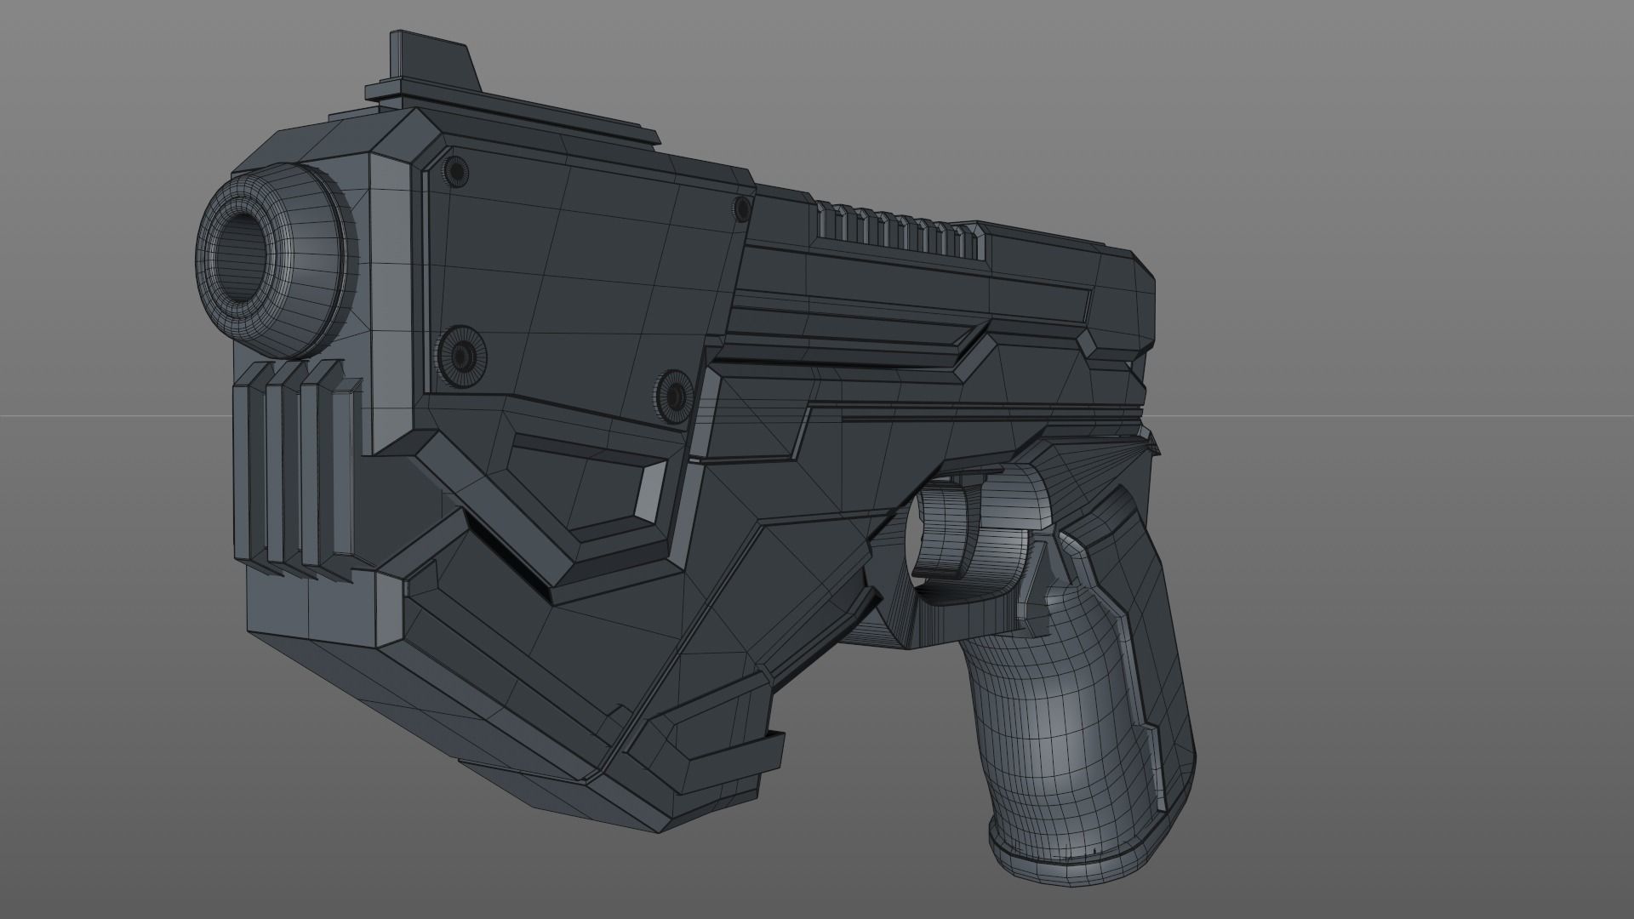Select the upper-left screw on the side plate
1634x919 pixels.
point(457,172)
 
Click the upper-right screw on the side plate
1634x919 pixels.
point(741,207)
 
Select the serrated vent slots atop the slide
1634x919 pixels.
point(902,230)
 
